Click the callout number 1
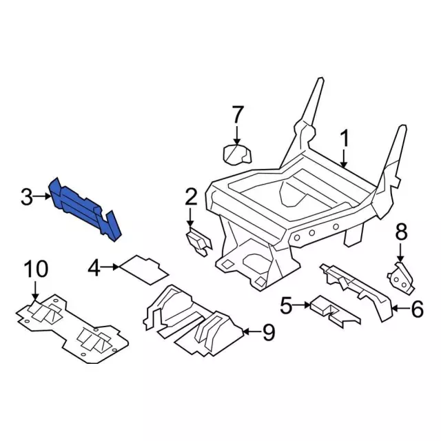(x=345, y=138)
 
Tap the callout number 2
(x=192, y=197)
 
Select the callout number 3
(x=27, y=197)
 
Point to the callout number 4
(x=94, y=267)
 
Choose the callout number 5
(x=287, y=305)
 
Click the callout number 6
(x=417, y=309)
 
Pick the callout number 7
(x=237, y=114)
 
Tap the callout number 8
(x=401, y=232)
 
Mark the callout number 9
(x=268, y=332)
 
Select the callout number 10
(x=36, y=269)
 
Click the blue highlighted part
(x=84, y=208)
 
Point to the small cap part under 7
(x=237, y=154)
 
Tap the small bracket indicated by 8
(x=400, y=278)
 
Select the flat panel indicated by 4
(x=144, y=269)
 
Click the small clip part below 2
(x=199, y=243)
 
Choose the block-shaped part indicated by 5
(x=334, y=311)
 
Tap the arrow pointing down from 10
(x=35, y=290)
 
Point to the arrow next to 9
(x=251, y=332)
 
